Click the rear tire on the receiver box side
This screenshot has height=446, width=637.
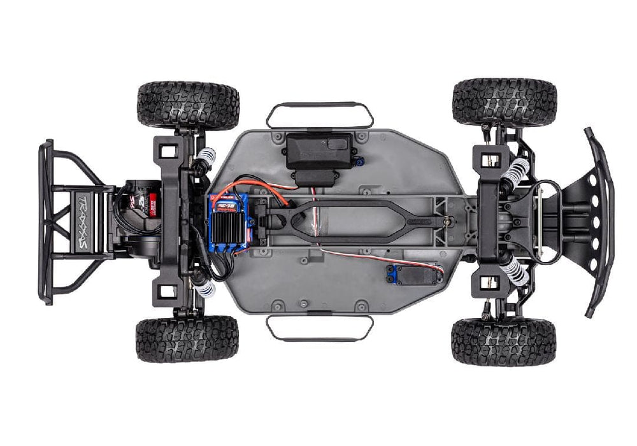point(189,104)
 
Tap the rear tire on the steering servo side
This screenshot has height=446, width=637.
point(187,338)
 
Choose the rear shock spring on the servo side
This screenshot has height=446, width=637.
point(205,288)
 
